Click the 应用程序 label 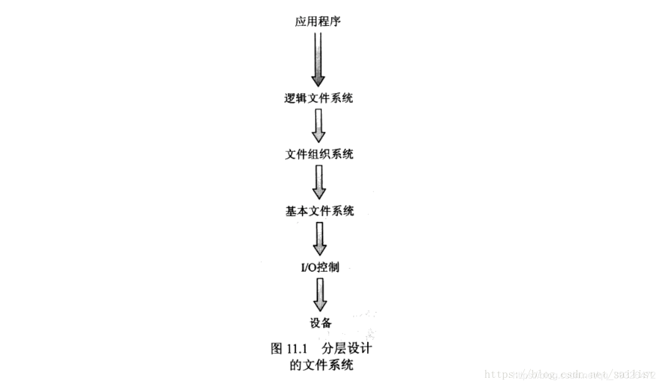point(318,22)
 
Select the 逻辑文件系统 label point(318,98)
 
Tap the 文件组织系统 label point(319,154)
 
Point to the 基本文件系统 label point(320,211)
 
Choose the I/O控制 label point(320,267)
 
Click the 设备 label point(321,323)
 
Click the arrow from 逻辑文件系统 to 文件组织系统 point(318,126)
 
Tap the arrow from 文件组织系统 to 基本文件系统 point(319,182)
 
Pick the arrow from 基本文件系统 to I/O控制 point(320,238)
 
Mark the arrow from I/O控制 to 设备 point(320,295)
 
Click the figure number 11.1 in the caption point(297,349)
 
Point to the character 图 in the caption point(277,349)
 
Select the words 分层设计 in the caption point(347,349)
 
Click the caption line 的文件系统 point(321,365)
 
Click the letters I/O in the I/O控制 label point(309,267)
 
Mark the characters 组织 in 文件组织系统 point(319,154)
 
